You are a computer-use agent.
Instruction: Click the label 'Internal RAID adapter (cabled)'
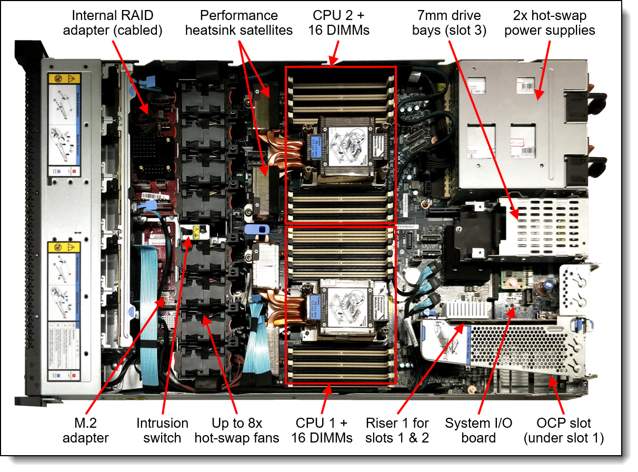coord(113,23)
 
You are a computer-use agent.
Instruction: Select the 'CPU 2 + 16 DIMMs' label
coord(339,23)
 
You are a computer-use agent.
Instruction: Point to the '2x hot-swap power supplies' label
coord(550,23)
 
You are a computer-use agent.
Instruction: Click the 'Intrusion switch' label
coord(162,430)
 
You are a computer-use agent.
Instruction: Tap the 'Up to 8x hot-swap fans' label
coord(237,430)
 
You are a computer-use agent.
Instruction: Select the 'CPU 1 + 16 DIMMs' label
coord(323,430)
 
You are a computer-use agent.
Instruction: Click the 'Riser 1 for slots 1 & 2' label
coord(397,430)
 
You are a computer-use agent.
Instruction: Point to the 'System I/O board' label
coord(471,430)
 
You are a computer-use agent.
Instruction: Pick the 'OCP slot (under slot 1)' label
coord(564,430)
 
